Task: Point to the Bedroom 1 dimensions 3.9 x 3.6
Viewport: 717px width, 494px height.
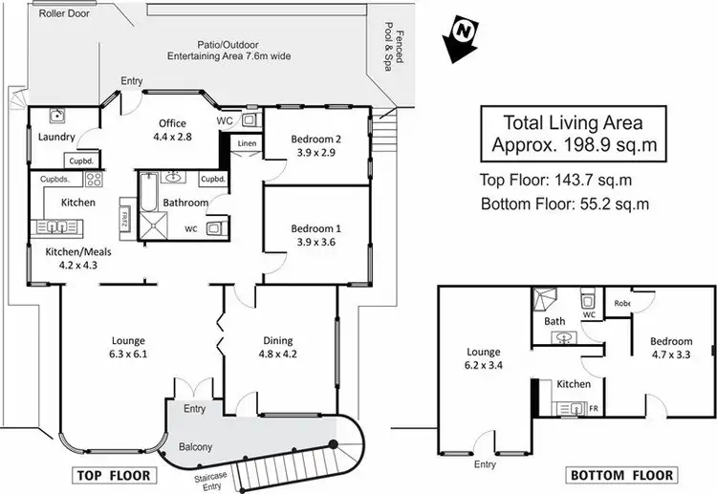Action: (315, 244)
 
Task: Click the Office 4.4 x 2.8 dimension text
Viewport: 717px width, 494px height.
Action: (172, 137)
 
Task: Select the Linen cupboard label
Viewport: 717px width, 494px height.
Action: (246, 143)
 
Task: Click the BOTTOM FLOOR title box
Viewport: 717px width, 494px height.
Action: (621, 475)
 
